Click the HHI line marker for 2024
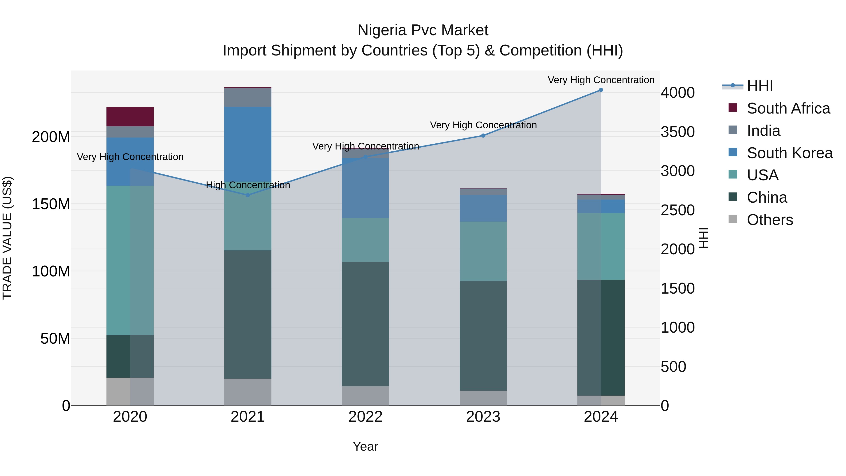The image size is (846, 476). pyautogui.click(x=601, y=90)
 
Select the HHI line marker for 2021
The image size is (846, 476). pyautogui.click(x=248, y=195)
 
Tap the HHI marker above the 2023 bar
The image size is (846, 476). pyautogui.click(x=483, y=136)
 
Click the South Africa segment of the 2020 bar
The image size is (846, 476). pyautogui.click(x=130, y=117)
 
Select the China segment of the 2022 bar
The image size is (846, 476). pyautogui.click(x=365, y=324)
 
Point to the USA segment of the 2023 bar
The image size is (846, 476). pyautogui.click(x=483, y=251)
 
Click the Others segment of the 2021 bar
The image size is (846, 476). pyautogui.click(x=248, y=392)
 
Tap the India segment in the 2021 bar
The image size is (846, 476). pyautogui.click(x=248, y=97)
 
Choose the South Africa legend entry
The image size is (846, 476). pyautogui.click(x=788, y=108)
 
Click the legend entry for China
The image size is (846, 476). pyautogui.click(x=767, y=197)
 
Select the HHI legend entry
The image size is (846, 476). pyautogui.click(x=760, y=86)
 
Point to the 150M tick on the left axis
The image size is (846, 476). pyautogui.click(x=51, y=204)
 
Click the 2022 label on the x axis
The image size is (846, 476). pyautogui.click(x=365, y=417)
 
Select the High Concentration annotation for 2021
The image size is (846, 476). pyautogui.click(x=248, y=185)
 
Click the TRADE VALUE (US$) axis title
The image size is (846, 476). pyautogui.click(x=7, y=238)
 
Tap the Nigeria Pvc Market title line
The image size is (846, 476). pyautogui.click(x=423, y=30)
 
